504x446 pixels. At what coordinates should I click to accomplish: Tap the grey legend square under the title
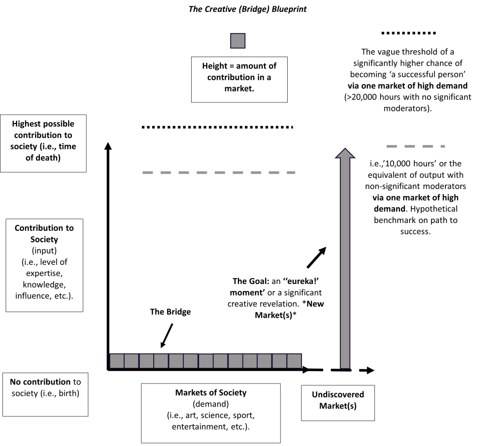(237, 41)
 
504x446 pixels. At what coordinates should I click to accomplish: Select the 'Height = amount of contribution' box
(239, 78)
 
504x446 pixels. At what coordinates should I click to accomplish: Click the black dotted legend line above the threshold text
(409, 33)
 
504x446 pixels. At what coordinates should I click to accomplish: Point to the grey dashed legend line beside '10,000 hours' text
(415, 146)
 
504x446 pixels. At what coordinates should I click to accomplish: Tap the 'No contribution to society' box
(45, 394)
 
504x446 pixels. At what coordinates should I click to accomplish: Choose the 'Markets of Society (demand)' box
(211, 413)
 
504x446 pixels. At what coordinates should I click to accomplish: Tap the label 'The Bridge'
(170, 312)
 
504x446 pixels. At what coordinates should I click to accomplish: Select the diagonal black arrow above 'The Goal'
(316, 256)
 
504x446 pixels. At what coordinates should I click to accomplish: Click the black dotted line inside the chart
(217, 127)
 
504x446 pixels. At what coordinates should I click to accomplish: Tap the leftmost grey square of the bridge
(117, 361)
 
